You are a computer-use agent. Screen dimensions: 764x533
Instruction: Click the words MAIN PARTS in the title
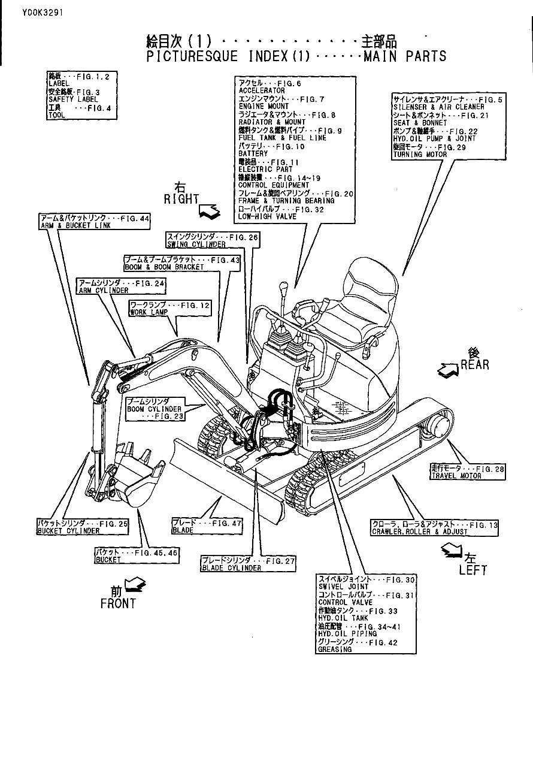coord(405,57)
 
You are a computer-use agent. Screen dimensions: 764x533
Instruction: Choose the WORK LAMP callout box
coord(170,309)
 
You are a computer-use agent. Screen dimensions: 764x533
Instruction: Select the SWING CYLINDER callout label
coord(213,241)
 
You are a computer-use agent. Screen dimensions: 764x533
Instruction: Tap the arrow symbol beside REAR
coord(448,370)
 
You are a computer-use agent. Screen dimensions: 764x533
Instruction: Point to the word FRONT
coord(118,604)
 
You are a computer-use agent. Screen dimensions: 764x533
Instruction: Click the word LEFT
coord(473,570)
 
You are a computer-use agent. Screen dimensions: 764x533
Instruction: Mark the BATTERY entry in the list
coord(253,154)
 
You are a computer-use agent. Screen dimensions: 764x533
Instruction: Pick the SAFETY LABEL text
coord(73,99)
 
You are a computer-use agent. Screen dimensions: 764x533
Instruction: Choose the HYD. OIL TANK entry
coord(343,618)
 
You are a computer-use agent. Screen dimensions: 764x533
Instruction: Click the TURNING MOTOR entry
coord(420,155)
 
